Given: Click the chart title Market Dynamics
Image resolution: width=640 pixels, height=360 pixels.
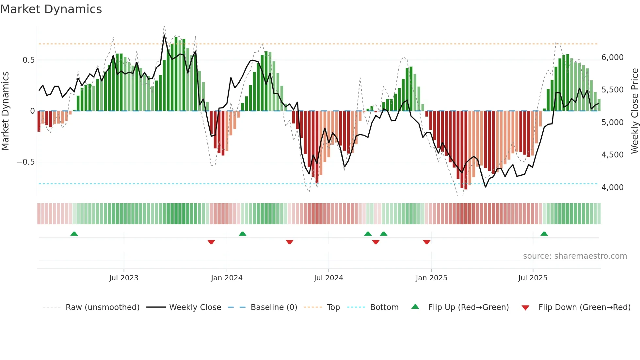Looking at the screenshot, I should [51, 9].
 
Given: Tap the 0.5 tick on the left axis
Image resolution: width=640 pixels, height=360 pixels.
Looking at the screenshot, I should [28, 60].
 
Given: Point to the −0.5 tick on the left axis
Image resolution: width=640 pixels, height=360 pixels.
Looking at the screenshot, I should [25, 162].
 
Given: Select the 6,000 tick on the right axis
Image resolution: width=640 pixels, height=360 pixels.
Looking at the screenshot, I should [612, 57].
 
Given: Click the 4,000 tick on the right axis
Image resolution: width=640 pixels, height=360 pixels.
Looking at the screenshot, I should [612, 188].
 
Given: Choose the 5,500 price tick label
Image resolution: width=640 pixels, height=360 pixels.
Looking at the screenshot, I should [612, 90].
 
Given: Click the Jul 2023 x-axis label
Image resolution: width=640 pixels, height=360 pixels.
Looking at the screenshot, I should [124, 278].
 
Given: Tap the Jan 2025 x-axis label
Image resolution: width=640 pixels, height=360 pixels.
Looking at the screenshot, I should [431, 278].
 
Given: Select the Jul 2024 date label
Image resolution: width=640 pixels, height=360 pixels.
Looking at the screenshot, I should [328, 278].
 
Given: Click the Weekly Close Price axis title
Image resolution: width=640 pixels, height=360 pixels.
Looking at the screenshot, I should [634, 111].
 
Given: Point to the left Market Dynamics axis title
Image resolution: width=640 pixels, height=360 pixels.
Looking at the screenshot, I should [5, 111].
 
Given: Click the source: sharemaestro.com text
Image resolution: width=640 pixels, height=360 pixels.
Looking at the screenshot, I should [575, 256].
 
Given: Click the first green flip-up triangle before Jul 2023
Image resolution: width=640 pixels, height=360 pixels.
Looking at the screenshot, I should [74, 234].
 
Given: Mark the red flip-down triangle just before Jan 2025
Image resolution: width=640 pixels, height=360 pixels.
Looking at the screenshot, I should [426, 242].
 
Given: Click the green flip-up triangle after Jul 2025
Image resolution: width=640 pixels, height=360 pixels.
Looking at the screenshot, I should [544, 234].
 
